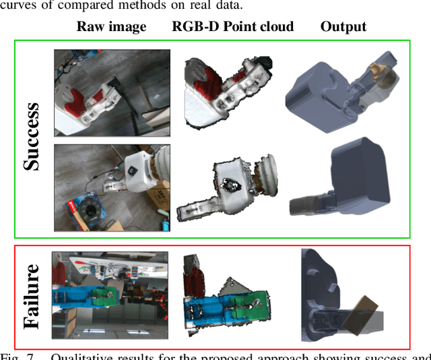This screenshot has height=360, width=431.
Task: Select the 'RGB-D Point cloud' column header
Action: [x=233, y=27]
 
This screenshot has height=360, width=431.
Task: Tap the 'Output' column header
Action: [x=343, y=27]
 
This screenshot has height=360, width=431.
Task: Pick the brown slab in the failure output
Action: [x=360, y=313]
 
